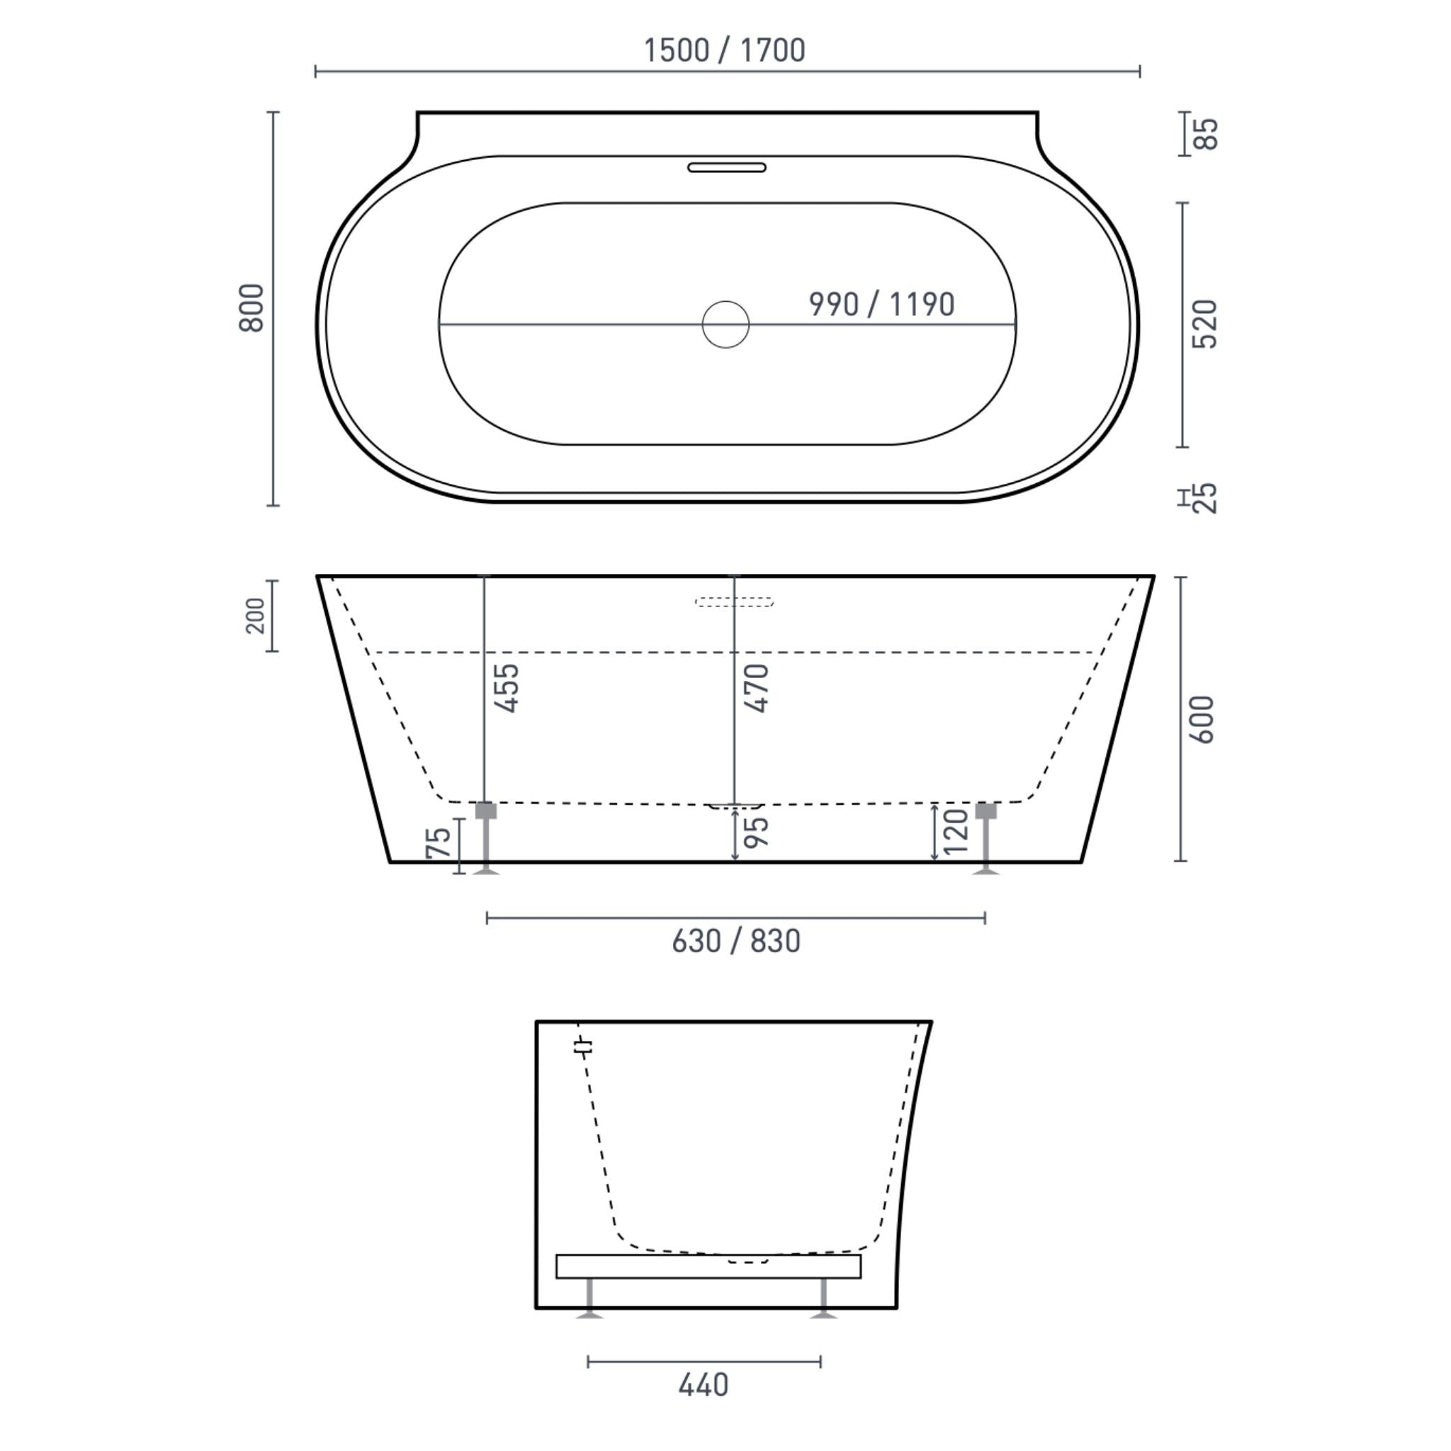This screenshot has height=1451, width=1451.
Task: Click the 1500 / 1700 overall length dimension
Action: pos(724,50)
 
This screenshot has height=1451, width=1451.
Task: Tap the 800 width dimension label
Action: pos(252,307)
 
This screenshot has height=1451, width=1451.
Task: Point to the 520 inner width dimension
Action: pos(1204,324)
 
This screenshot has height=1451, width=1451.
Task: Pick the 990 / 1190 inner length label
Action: pos(881,304)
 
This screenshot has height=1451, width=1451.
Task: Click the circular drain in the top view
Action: pos(725,324)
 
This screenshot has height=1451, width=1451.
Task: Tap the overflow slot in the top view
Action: pos(726,167)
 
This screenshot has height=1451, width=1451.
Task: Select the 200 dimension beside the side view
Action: pos(256,615)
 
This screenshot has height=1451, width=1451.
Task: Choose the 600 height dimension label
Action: pos(1202,720)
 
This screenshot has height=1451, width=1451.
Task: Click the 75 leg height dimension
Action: pos(439,842)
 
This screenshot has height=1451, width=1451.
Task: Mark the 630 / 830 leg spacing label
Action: pos(736,941)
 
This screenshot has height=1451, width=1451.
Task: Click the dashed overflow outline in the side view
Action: pos(734,602)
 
